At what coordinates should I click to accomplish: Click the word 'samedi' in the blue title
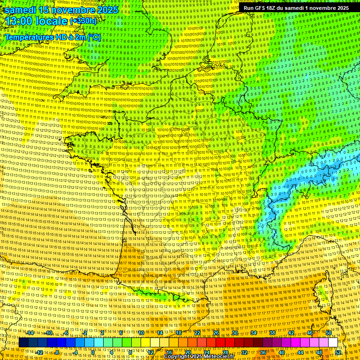(x=21, y=9)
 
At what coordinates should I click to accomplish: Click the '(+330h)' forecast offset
(x=83, y=21)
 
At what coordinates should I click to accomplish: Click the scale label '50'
(x=328, y=333)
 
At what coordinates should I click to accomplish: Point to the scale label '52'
(x=338, y=352)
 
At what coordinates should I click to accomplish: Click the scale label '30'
(x=235, y=333)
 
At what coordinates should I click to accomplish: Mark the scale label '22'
(x=197, y=333)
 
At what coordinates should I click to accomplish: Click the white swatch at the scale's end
(x=333, y=343)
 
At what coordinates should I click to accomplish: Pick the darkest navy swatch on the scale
(x=23, y=343)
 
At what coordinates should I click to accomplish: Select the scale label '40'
(x=282, y=352)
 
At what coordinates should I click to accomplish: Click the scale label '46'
(x=309, y=333)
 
